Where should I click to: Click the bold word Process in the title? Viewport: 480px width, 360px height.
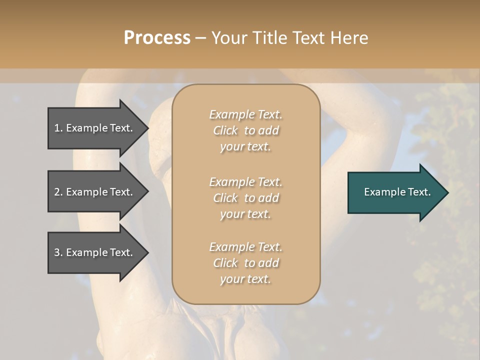click(157, 38)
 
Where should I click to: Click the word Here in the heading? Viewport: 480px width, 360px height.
click(349, 38)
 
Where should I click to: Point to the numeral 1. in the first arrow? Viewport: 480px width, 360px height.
click(58, 128)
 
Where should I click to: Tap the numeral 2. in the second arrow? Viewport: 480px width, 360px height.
click(58, 192)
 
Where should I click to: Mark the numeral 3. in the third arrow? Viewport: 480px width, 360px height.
click(58, 252)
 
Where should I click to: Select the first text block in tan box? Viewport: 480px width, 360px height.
click(245, 130)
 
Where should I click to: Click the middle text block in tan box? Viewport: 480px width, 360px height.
click(245, 197)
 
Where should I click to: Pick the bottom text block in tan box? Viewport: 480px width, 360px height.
click(245, 263)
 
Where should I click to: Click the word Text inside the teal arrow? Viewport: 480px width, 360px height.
click(419, 192)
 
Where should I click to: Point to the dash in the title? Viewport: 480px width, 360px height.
click(200, 38)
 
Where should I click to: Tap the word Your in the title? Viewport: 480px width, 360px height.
click(229, 38)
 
